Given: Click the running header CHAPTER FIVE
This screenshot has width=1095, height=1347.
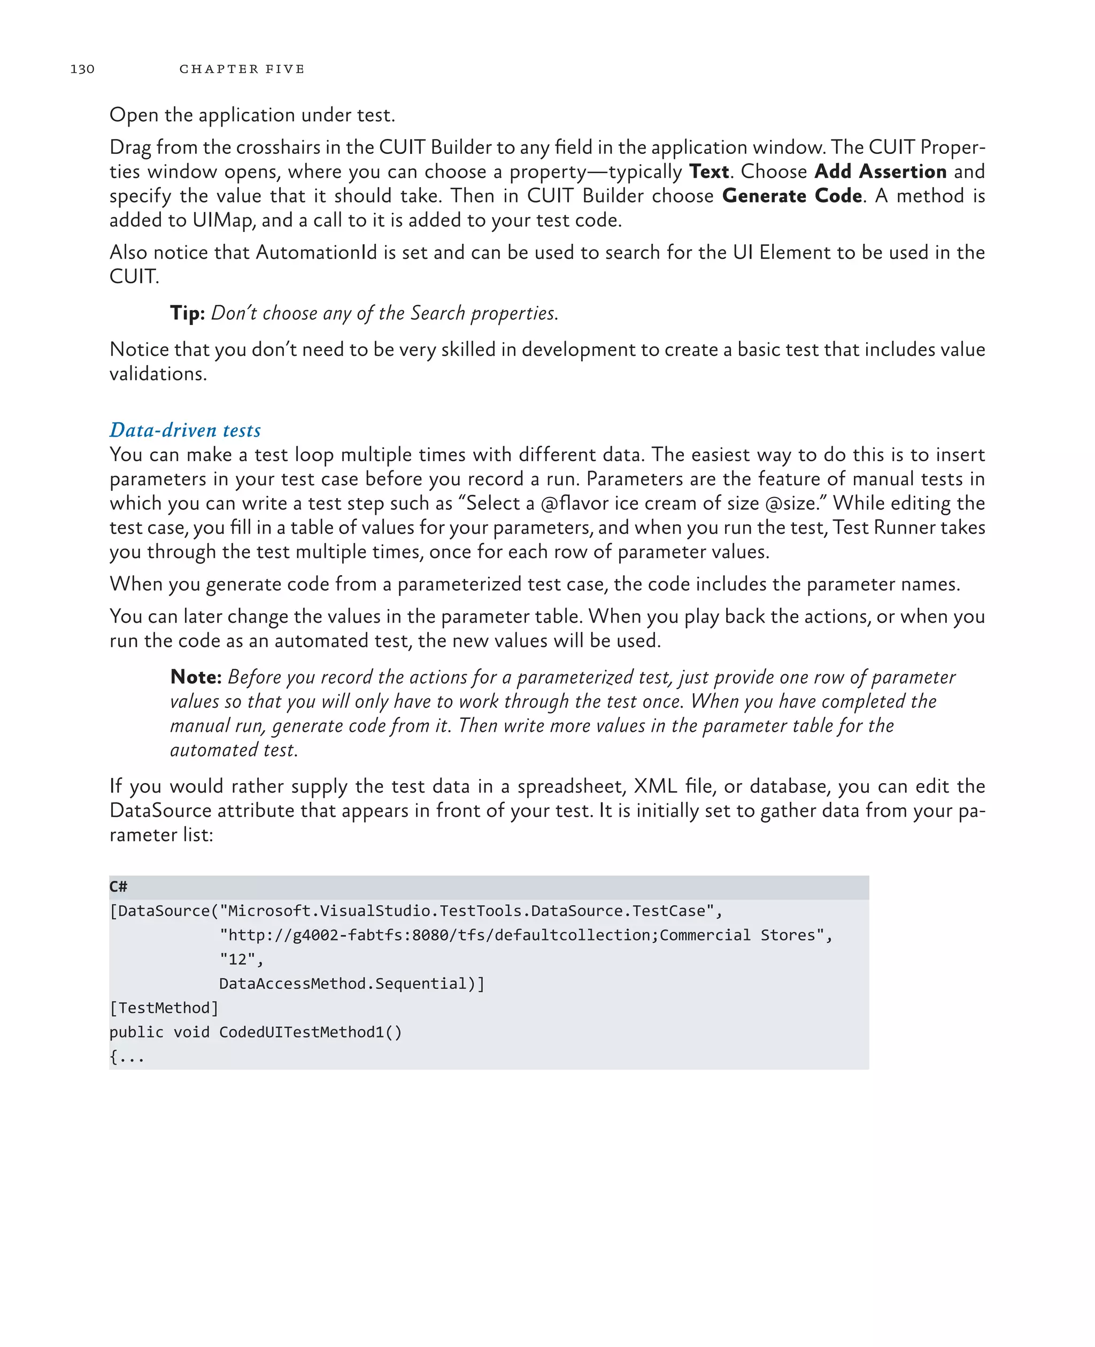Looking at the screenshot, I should (242, 69).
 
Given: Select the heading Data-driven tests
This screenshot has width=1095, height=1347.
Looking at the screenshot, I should (185, 430).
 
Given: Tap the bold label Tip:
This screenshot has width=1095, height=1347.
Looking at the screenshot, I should (187, 313).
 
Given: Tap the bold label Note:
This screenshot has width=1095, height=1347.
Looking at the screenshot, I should (196, 677).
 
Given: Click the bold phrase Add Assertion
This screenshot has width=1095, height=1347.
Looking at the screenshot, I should (880, 172).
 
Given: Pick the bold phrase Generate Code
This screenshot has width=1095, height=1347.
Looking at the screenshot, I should (792, 196).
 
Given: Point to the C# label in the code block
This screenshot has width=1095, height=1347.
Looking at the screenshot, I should (118, 887).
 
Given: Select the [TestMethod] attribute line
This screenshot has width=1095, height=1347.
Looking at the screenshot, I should (164, 1008).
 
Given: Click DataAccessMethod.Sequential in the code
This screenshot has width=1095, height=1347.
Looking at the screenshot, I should (351, 983).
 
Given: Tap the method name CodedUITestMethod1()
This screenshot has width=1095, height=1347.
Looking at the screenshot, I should (310, 1032).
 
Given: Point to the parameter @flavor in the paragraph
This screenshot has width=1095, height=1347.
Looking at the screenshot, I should (573, 503).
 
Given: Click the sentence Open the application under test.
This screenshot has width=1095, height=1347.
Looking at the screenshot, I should (252, 115).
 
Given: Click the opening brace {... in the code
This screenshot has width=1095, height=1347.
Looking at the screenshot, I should (127, 1056).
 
